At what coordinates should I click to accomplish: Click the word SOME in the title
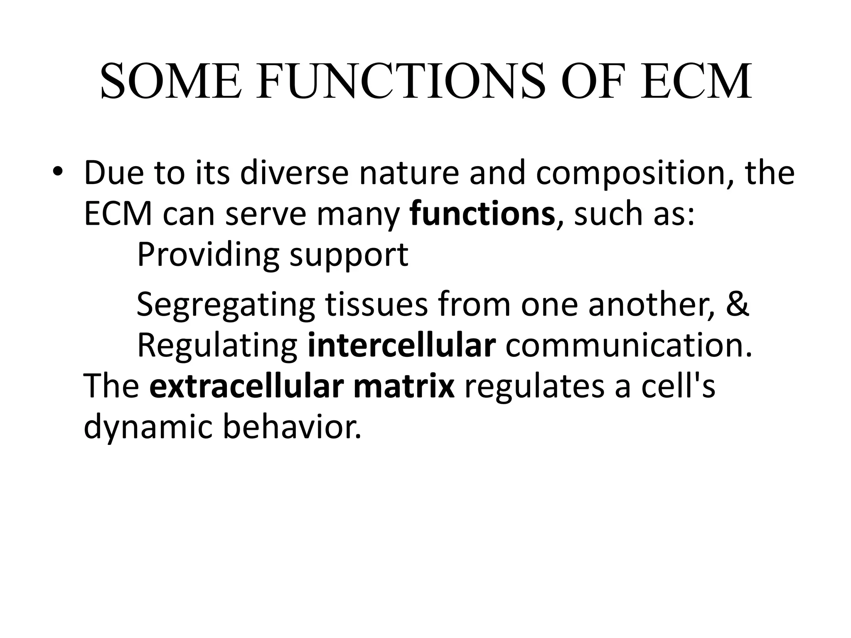click(x=170, y=81)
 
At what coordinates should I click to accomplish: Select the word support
click(x=349, y=255)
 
